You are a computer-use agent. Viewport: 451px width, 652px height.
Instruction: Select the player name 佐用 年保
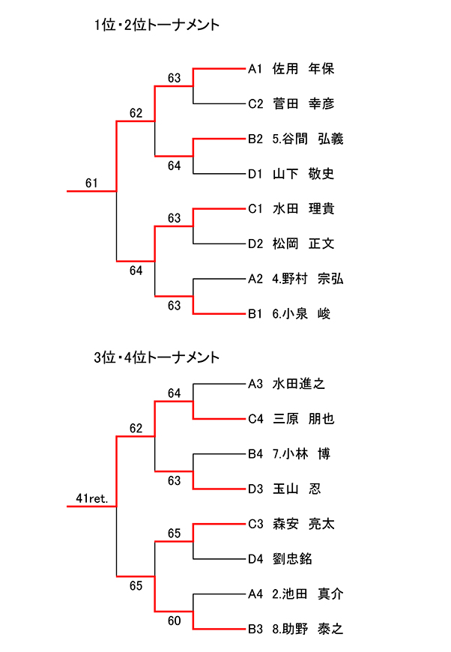coord(303,69)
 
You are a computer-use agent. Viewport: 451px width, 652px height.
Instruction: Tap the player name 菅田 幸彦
coord(303,104)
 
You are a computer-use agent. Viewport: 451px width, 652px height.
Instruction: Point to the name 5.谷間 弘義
coord(308,139)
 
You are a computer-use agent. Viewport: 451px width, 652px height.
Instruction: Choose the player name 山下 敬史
coord(303,174)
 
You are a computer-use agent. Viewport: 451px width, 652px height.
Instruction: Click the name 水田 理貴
coord(303,208)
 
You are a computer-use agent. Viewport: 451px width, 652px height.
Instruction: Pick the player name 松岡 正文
coord(303,244)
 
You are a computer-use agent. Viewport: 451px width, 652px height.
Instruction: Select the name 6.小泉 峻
coord(301,314)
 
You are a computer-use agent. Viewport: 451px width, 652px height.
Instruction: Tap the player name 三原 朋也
coord(303,419)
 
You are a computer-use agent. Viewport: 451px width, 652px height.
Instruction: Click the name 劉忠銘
coord(293,558)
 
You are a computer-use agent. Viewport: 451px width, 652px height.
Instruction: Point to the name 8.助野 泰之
coord(308,629)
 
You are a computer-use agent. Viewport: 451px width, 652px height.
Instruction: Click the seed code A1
coord(255,69)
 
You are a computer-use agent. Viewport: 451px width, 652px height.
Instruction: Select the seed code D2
coord(255,244)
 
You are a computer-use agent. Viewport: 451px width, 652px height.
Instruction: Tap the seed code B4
coord(255,453)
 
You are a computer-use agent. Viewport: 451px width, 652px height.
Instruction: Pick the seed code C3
coord(255,524)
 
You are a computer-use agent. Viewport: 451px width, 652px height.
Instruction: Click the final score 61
coord(91,183)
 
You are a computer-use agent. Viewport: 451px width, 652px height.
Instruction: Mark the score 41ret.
coord(92,498)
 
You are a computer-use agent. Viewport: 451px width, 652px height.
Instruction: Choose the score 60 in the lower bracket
coord(175,620)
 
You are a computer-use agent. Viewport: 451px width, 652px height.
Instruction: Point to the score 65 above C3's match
coord(175,533)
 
